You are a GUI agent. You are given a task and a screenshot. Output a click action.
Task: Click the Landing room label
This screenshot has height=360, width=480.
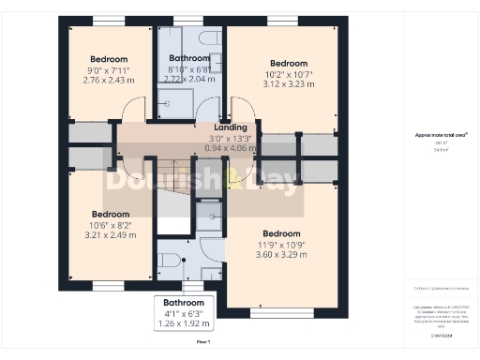pos(231,127)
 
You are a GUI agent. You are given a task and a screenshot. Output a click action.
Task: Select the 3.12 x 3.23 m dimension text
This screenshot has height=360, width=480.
pos(282,82)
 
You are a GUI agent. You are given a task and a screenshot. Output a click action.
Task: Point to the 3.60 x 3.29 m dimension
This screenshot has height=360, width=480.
pos(281,253)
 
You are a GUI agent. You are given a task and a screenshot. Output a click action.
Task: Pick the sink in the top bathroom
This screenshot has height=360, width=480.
pos(216,62)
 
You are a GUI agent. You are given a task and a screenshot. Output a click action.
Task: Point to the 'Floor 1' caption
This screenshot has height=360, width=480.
pos(203,343)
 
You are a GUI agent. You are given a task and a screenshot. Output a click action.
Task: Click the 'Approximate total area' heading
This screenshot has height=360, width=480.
pos(434,135)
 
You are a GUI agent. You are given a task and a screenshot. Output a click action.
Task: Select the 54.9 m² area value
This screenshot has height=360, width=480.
pos(434,149)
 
